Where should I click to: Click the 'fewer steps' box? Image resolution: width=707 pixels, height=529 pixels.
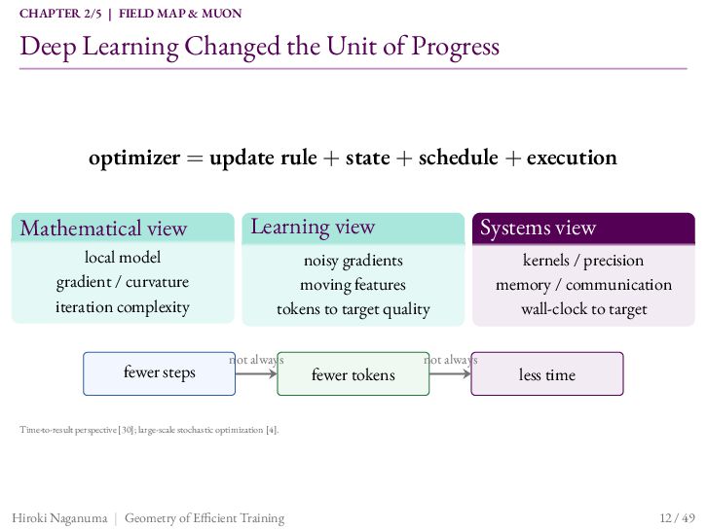pyautogui.click(x=159, y=373)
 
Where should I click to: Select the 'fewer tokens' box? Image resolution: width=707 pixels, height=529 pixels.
pyautogui.click(x=353, y=373)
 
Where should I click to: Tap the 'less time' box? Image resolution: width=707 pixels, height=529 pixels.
pyautogui.click(x=547, y=373)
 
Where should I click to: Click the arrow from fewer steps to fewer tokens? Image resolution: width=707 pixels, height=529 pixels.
pyautogui.click(x=256, y=373)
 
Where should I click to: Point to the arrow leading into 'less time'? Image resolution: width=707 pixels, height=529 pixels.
pyautogui.click(x=450, y=373)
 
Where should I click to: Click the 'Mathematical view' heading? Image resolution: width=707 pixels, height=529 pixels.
pyautogui.click(x=103, y=229)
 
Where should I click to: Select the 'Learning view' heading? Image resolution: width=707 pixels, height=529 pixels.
pyautogui.click(x=313, y=227)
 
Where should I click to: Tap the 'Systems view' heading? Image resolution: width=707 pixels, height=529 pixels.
pyautogui.click(x=538, y=228)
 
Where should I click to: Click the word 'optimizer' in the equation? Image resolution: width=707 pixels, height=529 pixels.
pyautogui.click(x=134, y=159)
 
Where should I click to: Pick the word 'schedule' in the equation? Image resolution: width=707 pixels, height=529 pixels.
pyautogui.click(x=458, y=158)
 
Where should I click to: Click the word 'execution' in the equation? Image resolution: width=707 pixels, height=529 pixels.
pyautogui.click(x=572, y=158)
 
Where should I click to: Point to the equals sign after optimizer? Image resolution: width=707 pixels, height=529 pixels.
pyautogui.click(x=195, y=159)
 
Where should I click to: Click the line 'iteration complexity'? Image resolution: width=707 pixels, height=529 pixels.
pyautogui.click(x=122, y=307)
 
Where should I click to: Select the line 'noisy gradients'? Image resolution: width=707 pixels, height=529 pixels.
pyautogui.click(x=353, y=261)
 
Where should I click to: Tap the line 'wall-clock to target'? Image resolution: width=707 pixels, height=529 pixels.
pyautogui.click(x=584, y=309)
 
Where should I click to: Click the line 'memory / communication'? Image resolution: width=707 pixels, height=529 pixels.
pyautogui.click(x=583, y=285)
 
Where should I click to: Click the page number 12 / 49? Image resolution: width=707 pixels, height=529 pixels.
pyautogui.click(x=677, y=517)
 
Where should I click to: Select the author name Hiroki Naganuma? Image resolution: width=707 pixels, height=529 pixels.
pyautogui.click(x=59, y=518)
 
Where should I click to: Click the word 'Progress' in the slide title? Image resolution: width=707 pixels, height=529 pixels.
pyautogui.click(x=456, y=47)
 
